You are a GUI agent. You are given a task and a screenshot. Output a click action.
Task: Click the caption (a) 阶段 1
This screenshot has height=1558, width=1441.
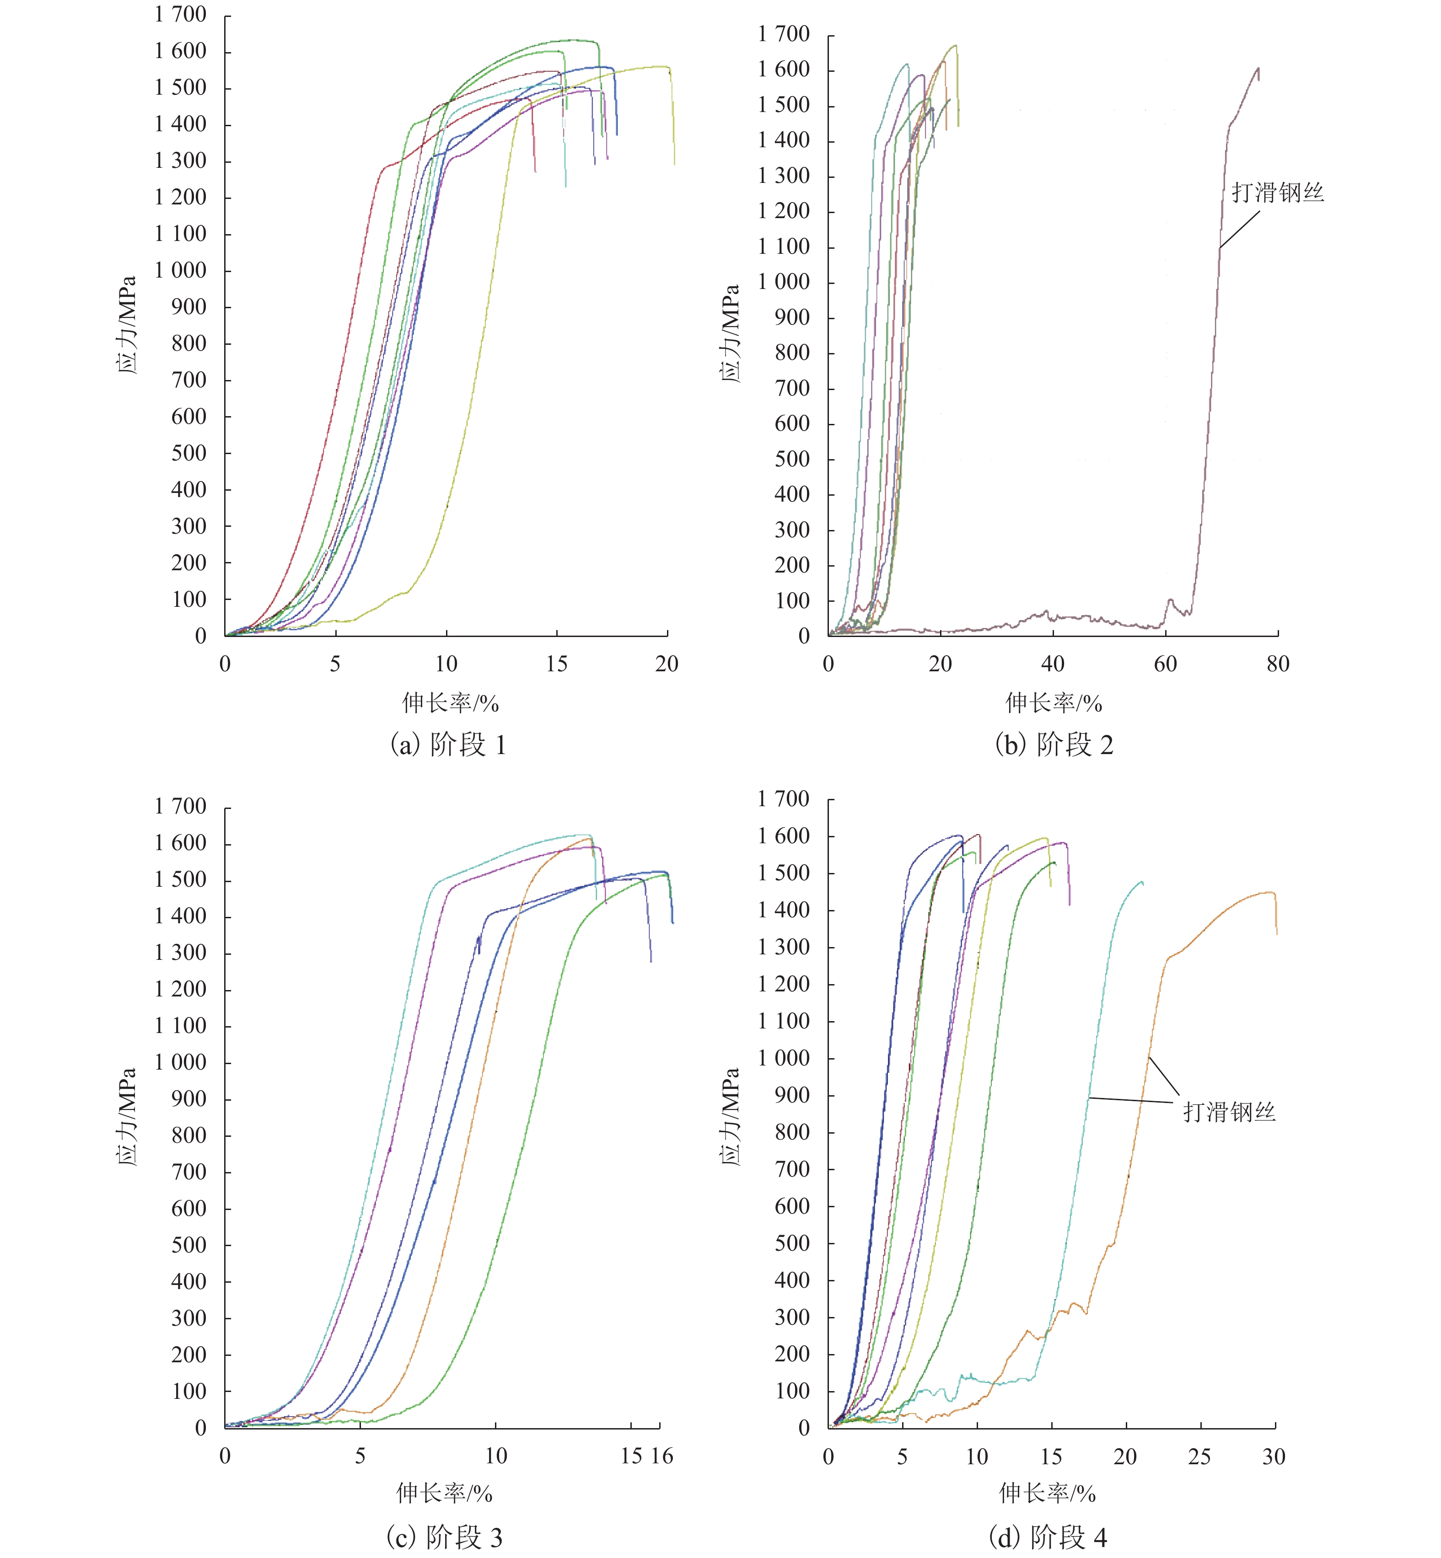pos(448,745)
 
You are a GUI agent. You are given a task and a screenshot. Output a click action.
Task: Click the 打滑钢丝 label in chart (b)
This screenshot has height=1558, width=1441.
pos(1277,193)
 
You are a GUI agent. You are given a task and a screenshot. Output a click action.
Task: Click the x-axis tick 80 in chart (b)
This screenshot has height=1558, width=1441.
pos(1277,664)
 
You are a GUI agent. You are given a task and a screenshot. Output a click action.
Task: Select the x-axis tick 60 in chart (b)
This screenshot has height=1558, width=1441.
pos(1165,664)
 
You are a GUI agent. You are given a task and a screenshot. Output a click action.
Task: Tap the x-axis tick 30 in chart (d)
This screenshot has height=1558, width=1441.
pos(1274,1456)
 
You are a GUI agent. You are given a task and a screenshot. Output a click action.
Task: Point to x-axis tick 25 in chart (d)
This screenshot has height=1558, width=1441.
pos(1199,1456)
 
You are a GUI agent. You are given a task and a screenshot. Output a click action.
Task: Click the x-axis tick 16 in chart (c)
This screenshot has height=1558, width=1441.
pos(662,1456)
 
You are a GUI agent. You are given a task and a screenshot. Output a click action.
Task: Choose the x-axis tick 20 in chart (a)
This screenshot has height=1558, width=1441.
pos(667,664)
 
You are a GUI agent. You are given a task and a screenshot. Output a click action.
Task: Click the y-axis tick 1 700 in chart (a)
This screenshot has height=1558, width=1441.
pos(180,15)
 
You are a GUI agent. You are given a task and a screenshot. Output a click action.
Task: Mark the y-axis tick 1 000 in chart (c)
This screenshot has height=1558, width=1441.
pos(180,1062)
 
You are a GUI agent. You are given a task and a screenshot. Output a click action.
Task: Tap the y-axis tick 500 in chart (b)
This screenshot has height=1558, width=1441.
pos(792,459)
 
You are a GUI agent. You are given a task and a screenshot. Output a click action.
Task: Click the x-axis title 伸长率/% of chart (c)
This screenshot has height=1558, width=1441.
pos(445,1494)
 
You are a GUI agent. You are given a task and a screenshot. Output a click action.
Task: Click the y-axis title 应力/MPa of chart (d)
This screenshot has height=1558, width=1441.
pos(730,1116)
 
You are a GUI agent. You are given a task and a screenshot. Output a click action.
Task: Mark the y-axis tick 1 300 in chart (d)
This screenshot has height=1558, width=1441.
pos(784,947)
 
